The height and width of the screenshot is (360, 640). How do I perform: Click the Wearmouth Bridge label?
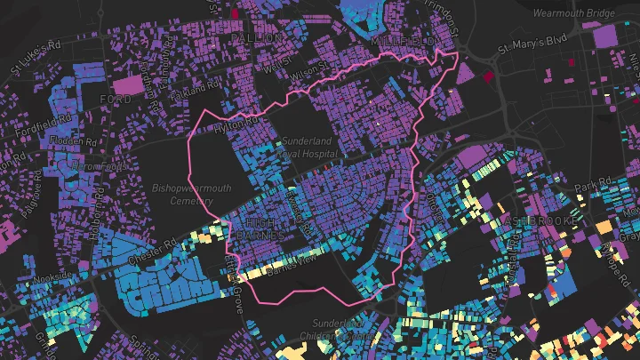coord(576,13)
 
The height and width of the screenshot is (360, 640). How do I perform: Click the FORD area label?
coord(116,99)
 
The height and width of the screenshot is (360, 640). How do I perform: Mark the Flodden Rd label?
coord(74,141)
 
